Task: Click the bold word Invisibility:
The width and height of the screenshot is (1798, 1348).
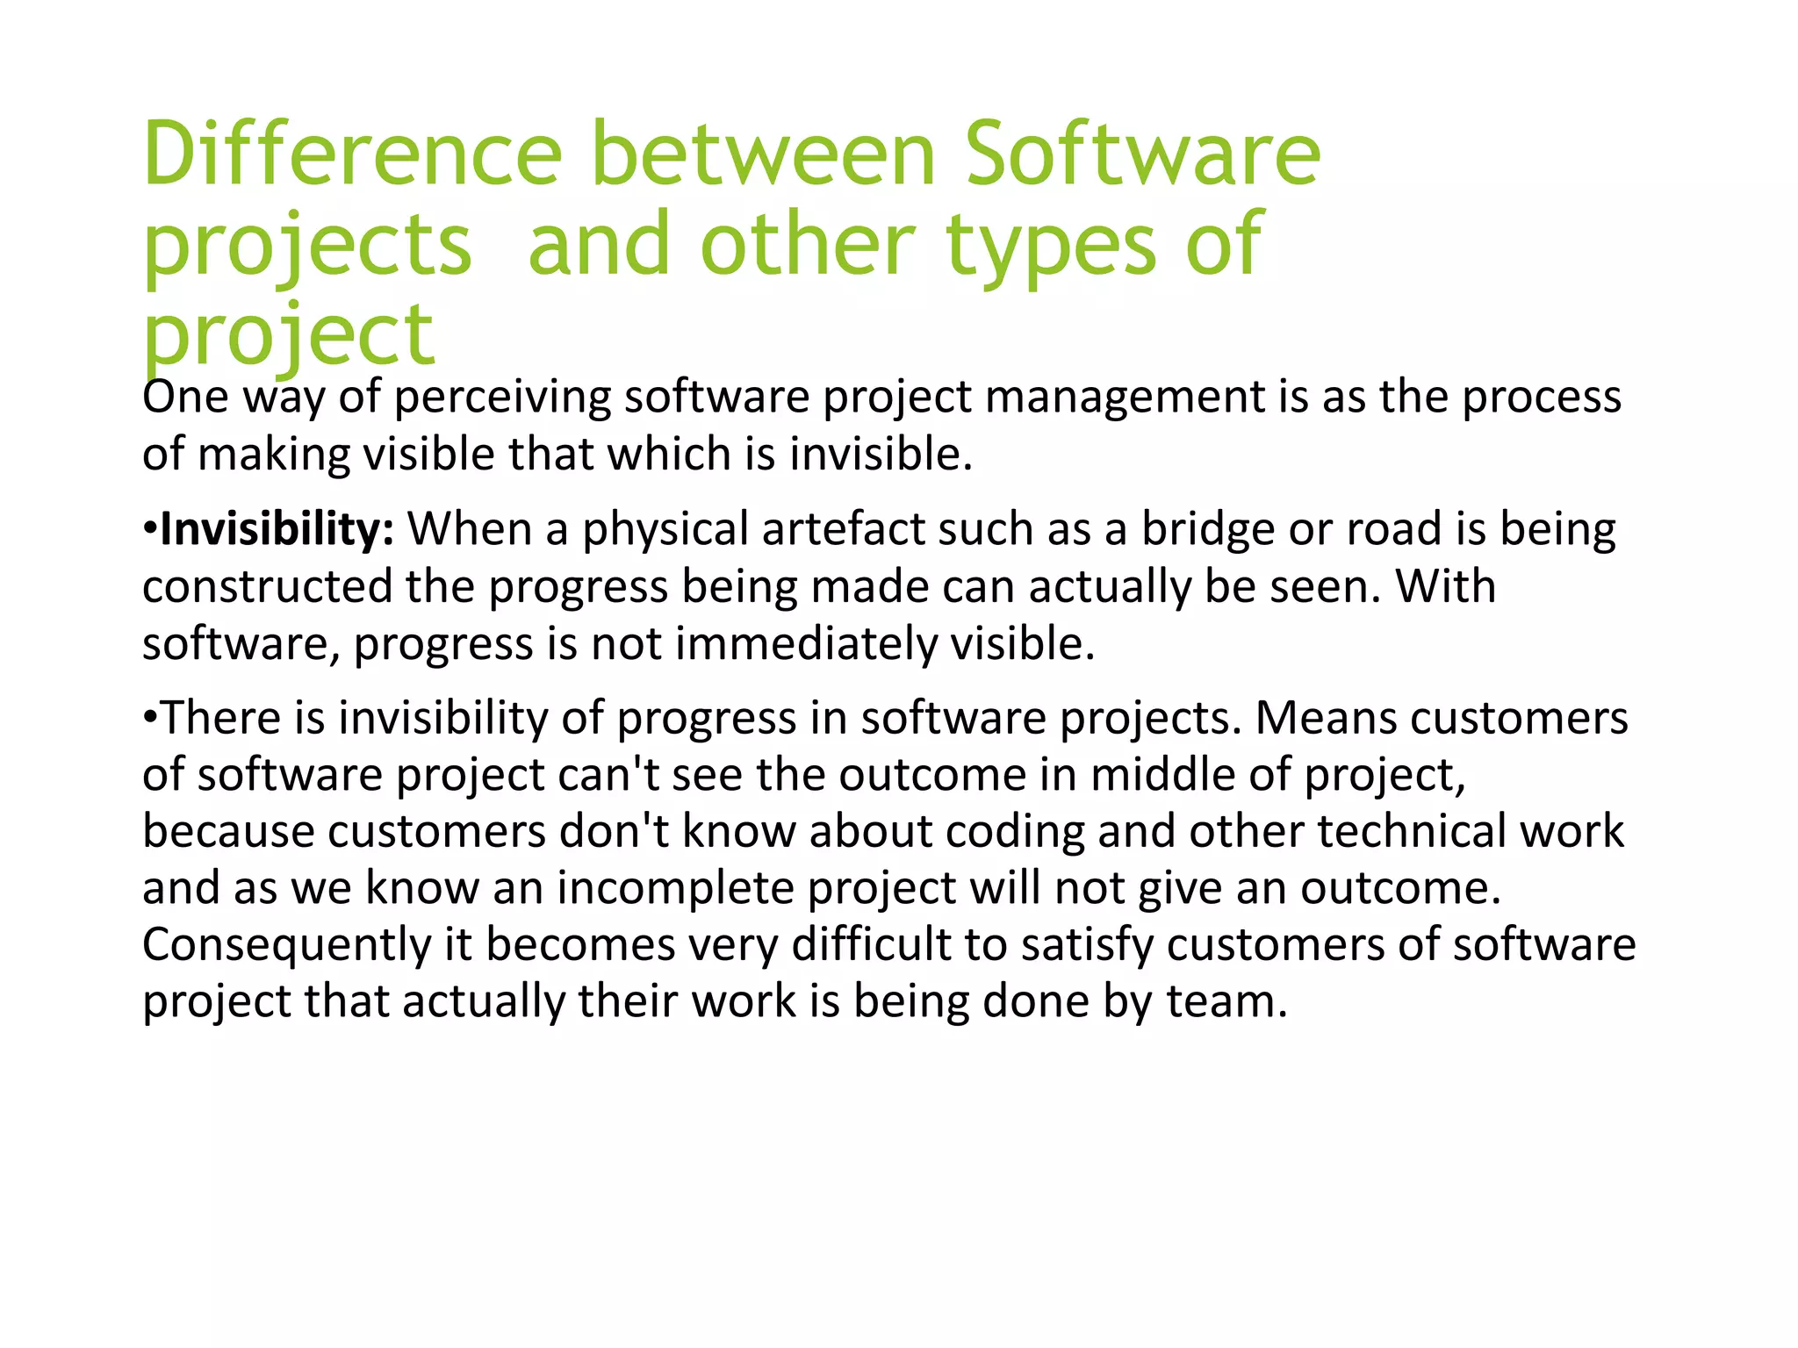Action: [277, 529]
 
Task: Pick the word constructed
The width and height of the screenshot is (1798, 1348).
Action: [267, 586]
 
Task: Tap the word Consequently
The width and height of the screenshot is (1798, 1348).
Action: [286, 945]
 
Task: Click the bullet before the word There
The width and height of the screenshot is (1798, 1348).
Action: [150, 720]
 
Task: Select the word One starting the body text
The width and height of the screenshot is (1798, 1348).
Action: [186, 398]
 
